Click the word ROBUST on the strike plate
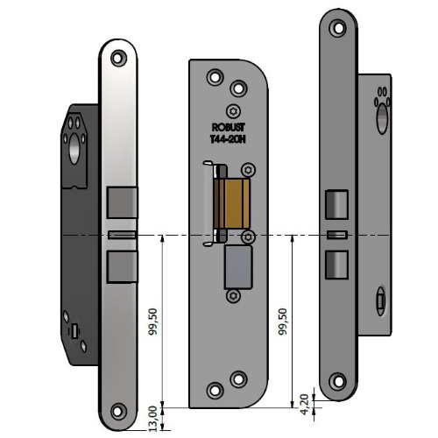click(228, 127)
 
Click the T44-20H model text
click(228, 139)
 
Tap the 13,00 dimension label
click(152, 419)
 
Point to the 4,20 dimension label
click(305, 404)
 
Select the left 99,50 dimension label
click(152, 321)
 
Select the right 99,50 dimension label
click(283, 321)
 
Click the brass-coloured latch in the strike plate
click(232, 203)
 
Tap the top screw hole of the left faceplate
click(118, 58)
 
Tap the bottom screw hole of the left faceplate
click(118, 412)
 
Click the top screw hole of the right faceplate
click(338, 28)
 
